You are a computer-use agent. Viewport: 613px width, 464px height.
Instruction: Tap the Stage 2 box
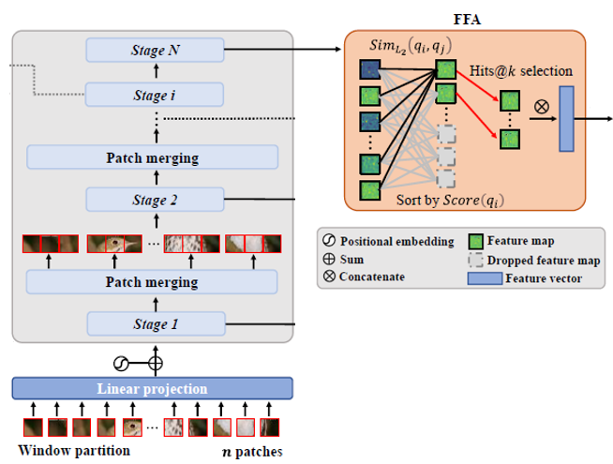pyautogui.click(x=155, y=200)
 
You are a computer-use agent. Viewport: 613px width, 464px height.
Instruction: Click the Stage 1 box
pyautogui.click(x=155, y=324)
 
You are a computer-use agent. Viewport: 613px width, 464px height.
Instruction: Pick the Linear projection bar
pyautogui.click(x=153, y=387)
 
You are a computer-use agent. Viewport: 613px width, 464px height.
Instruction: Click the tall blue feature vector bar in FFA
pyautogui.click(x=565, y=119)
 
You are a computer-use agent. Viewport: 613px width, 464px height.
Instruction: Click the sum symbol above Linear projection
pyautogui.click(x=156, y=363)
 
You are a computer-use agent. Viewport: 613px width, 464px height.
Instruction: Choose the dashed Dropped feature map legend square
pyautogui.click(x=475, y=259)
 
